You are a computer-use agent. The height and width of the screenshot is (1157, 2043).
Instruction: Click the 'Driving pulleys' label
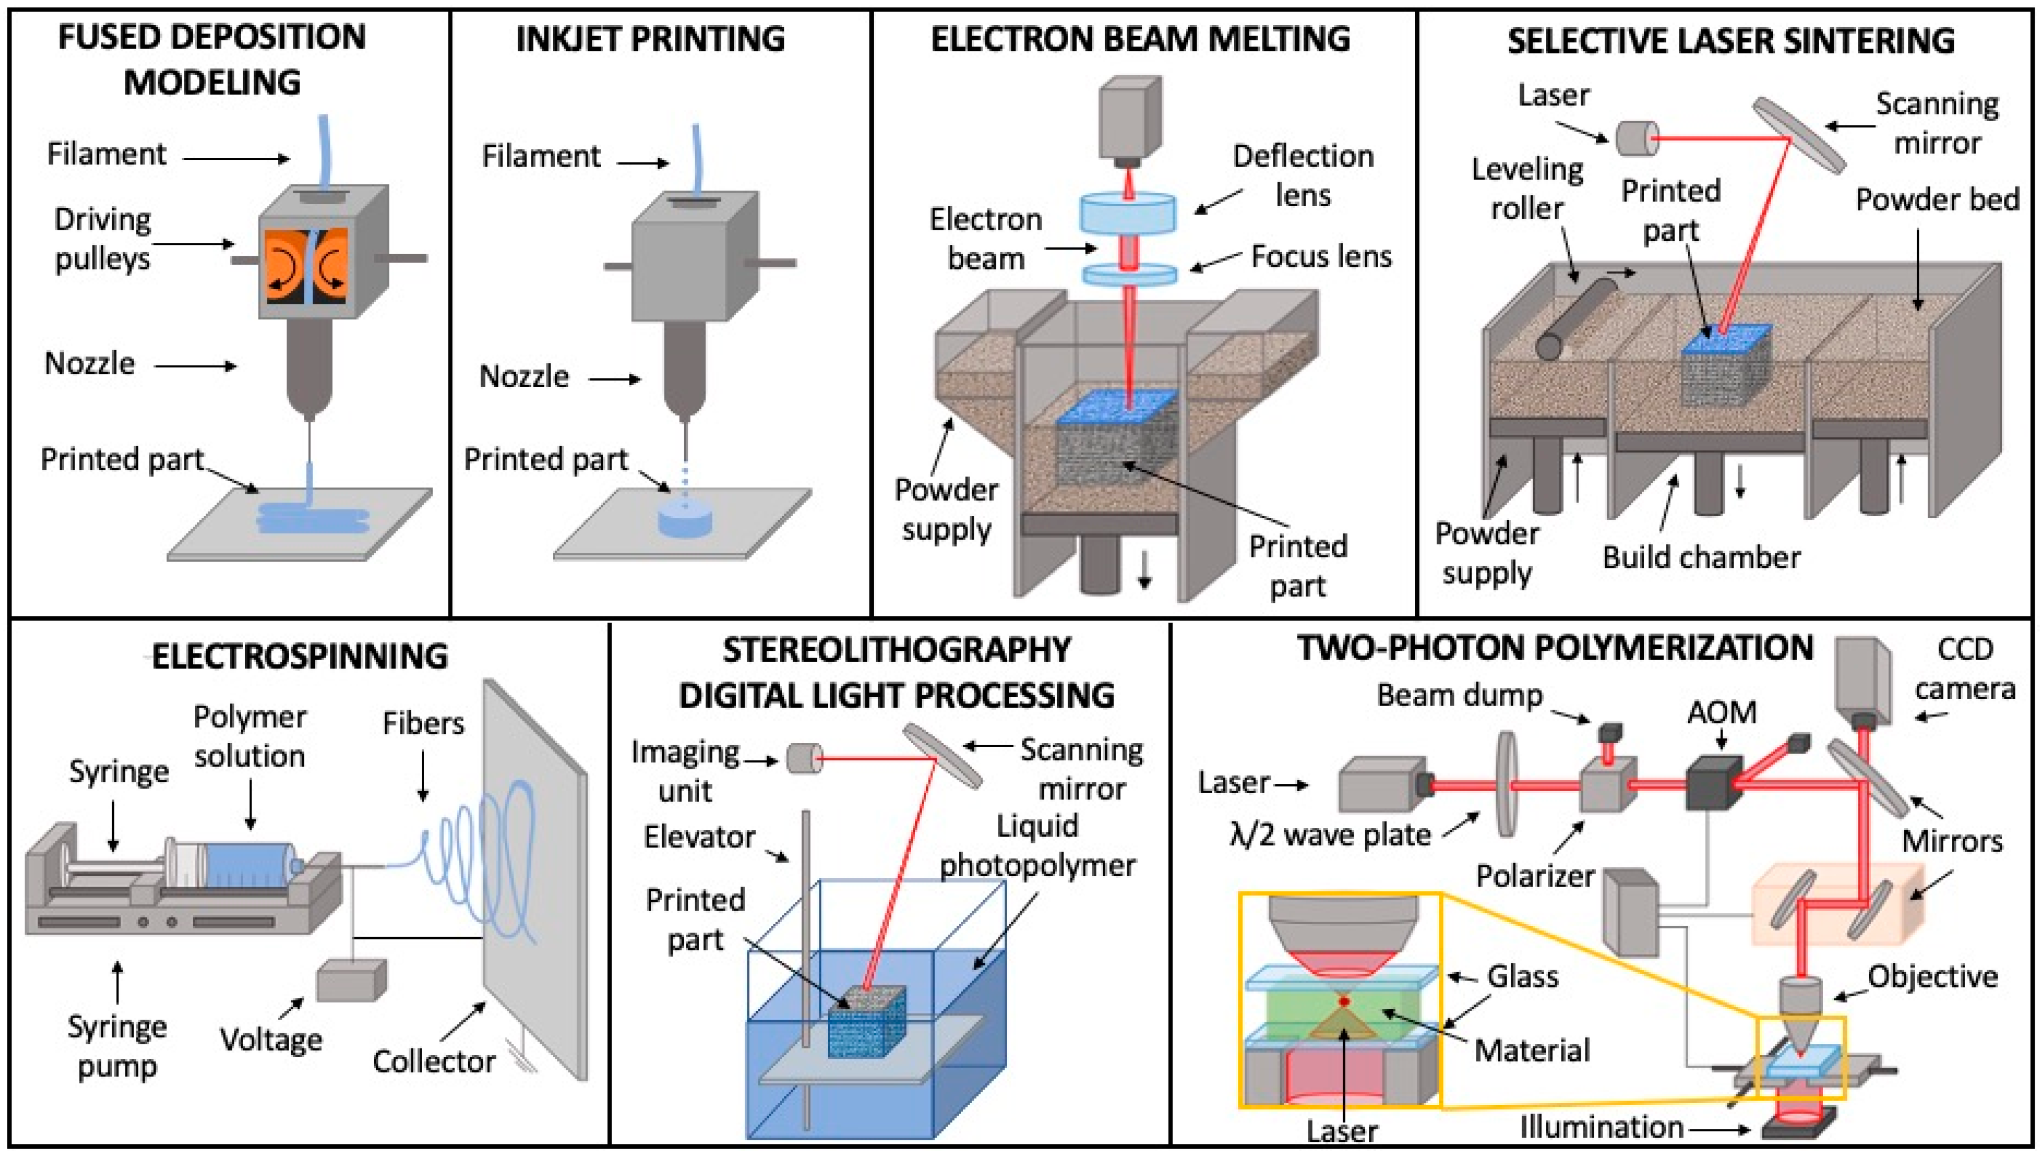tap(103, 239)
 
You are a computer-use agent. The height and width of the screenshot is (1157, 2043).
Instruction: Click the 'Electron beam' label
tap(985, 239)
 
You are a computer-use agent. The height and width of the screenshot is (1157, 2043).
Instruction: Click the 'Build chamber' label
tap(1701, 557)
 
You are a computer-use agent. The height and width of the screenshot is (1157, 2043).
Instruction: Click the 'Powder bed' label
tap(1936, 199)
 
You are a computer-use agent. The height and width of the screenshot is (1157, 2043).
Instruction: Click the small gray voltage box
tap(351, 981)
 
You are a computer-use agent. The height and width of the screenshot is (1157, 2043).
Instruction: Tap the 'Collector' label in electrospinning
tap(434, 1061)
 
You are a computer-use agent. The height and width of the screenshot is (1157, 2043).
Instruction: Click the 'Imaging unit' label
tap(685, 771)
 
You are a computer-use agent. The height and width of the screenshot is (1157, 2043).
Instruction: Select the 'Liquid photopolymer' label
tap(1037, 846)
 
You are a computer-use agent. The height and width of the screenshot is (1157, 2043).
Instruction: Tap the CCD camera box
tap(1862, 677)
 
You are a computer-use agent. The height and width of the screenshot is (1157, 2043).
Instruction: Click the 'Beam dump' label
tap(1459, 695)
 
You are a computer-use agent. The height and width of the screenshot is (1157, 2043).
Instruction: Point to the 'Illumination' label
tap(1601, 1127)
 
